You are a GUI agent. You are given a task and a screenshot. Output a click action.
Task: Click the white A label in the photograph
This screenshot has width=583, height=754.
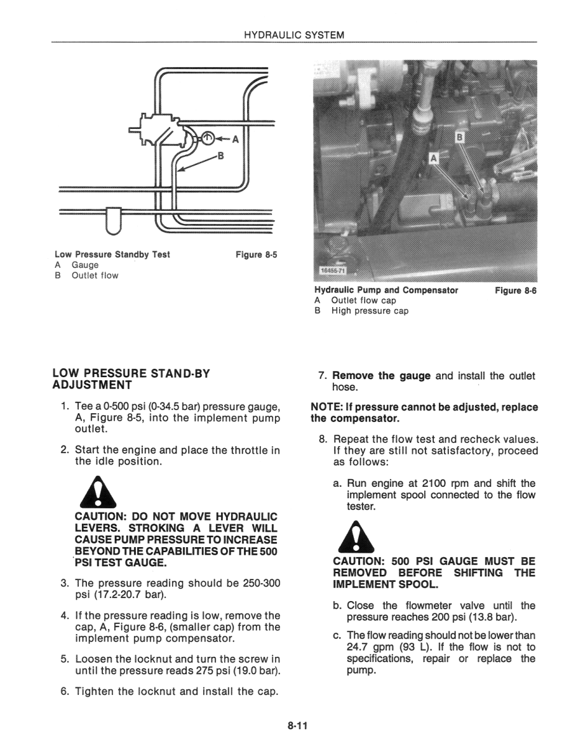(434, 158)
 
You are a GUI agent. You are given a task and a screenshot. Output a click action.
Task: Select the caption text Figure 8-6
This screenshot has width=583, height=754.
(516, 290)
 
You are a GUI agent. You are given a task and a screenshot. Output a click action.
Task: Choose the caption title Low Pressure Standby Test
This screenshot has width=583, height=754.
(112, 255)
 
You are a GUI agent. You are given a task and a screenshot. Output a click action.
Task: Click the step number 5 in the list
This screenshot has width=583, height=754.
(64, 659)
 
